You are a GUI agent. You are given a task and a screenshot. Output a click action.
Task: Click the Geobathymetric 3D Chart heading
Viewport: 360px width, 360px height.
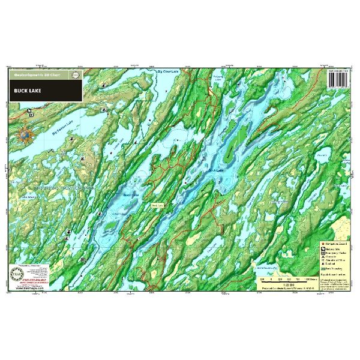click(38, 76)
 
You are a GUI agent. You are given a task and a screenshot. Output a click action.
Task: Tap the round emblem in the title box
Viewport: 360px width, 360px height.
click(75, 76)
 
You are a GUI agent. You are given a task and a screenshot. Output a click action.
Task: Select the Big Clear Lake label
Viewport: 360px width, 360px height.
click(168, 72)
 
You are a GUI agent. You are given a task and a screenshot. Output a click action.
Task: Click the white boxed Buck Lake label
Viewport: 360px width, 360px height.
click(157, 205)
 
